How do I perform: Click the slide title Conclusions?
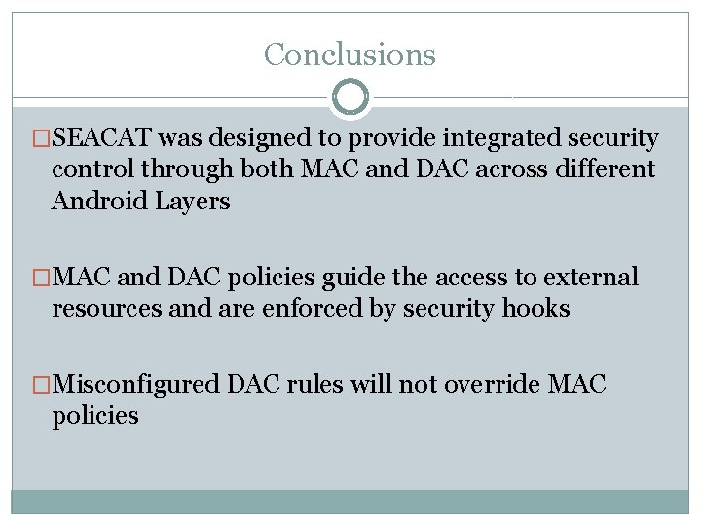pos(350,54)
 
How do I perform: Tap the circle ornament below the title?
pos(350,97)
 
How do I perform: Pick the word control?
pos(92,169)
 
